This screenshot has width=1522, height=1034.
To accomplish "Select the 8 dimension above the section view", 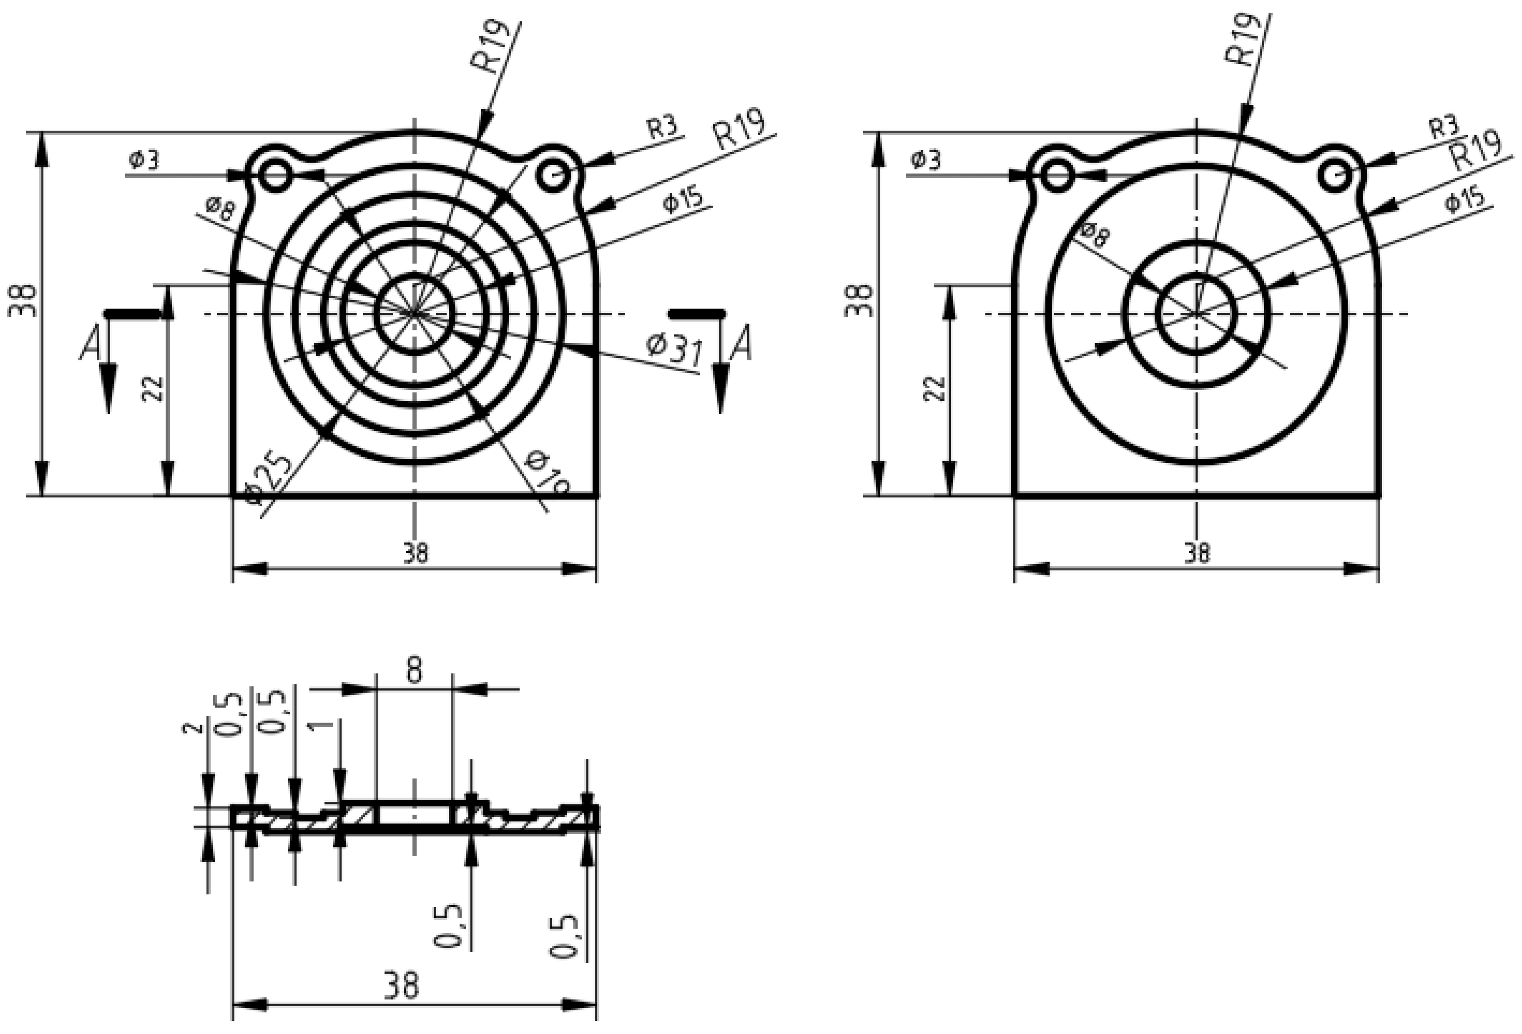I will pyautogui.click(x=414, y=670).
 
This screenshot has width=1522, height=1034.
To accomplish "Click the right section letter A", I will pyautogui.click(x=742, y=344).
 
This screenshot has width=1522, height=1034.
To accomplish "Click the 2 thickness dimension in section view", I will pyautogui.click(x=191, y=729).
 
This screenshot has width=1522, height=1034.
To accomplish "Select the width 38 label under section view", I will pyautogui.click(x=401, y=985).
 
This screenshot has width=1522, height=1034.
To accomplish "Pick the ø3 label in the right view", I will pyautogui.click(x=925, y=159).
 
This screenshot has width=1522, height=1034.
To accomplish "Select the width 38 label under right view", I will pyautogui.click(x=1197, y=553).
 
